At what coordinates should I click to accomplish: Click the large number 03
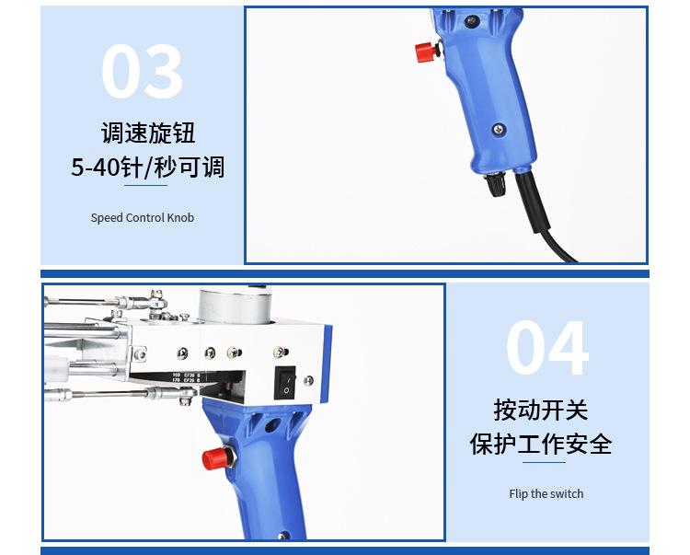point(142,71)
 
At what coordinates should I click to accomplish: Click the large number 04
point(547,348)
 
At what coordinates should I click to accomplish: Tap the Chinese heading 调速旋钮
point(148,133)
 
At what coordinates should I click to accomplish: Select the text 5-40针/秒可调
point(148,168)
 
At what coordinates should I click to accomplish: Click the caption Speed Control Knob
point(142,217)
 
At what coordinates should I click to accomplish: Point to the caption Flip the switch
point(546,494)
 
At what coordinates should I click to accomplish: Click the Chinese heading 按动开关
point(540,410)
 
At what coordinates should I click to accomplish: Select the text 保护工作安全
point(541,444)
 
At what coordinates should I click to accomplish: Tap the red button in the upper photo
point(426,52)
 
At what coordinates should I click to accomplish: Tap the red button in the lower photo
point(215,459)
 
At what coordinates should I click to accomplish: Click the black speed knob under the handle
point(496,185)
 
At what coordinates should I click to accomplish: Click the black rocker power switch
point(285,383)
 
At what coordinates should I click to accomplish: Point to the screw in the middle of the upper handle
point(499,130)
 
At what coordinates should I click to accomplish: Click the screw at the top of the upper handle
point(471,20)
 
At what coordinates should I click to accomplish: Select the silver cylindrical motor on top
point(234,306)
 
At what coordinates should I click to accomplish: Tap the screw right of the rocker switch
point(309,380)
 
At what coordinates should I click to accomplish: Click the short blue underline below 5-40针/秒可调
point(145,185)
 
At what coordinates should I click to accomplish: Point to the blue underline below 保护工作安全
point(544,462)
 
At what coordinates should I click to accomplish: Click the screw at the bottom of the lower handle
point(283,536)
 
